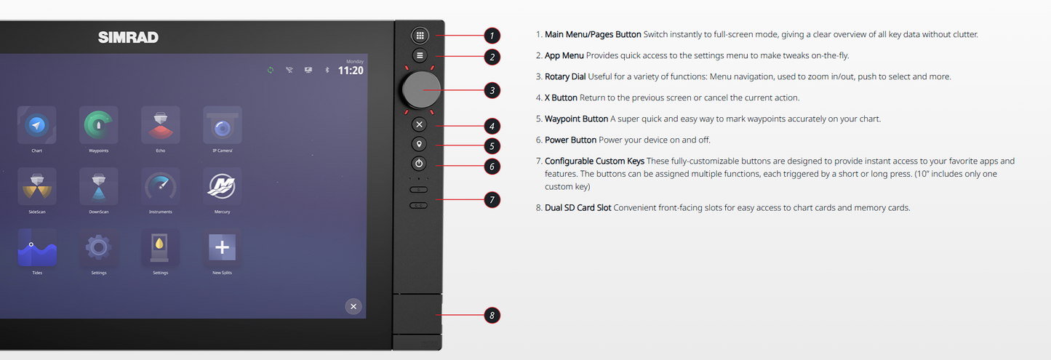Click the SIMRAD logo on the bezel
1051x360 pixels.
[x=128, y=37]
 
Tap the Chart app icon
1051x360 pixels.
[x=36, y=125]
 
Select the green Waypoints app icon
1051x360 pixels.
[x=98, y=125]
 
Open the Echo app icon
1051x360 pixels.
[x=161, y=125]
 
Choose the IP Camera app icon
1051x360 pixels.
[x=223, y=125]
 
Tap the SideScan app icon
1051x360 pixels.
[x=37, y=186]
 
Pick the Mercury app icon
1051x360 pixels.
[x=222, y=186]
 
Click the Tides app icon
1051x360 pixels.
[x=37, y=247]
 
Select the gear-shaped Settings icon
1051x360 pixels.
[x=98, y=247]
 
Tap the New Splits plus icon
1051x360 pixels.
[x=222, y=247]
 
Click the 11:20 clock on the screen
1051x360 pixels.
[x=351, y=71]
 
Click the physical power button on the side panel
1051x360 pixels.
[x=419, y=164]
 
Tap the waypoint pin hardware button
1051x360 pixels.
[x=419, y=144]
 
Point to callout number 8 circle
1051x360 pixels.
[x=492, y=316]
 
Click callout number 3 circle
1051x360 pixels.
[x=492, y=90]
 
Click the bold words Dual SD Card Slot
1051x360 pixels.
[x=578, y=207]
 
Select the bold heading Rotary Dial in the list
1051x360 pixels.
[x=565, y=76]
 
